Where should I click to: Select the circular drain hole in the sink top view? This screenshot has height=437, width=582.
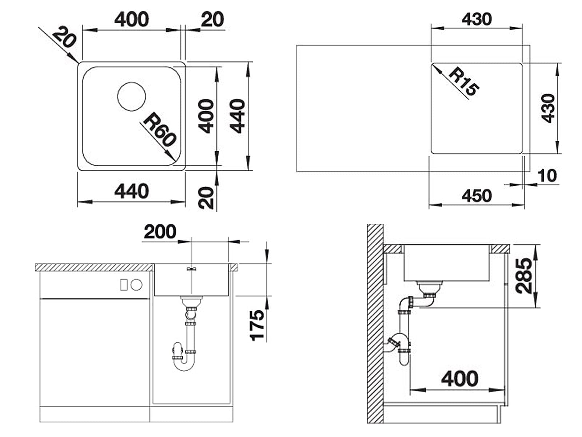pos(131,97)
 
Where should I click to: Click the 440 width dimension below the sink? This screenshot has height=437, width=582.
pos(132,191)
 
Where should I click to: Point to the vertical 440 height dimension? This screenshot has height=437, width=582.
pos(237,116)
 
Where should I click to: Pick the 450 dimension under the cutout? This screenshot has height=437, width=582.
pos(477,196)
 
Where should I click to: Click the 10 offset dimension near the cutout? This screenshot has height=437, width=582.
pos(547,176)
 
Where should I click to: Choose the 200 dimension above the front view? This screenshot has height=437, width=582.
pos(160,232)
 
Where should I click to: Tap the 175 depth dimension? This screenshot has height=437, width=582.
pos(257,325)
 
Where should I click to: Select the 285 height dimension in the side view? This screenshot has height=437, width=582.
pos(524,276)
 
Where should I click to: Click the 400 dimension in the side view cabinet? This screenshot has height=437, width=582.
pos(460,379)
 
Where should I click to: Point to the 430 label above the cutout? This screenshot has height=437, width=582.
pos(477,19)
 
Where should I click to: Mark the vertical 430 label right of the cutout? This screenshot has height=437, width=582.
pos(548,108)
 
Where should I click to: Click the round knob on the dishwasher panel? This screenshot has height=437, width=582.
pos(136,285)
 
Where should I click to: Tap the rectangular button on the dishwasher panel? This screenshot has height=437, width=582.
pos(123,285)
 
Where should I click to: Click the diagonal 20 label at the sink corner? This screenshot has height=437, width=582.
pos(64,37)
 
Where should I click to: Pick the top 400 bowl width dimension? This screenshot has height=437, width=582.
pos(132,19)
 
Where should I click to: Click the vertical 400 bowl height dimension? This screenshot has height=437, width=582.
pos(206,116)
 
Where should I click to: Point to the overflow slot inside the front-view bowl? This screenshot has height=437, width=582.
pos(191,269)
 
